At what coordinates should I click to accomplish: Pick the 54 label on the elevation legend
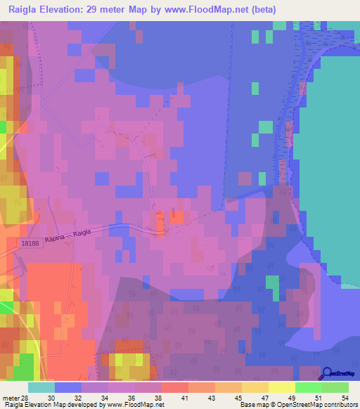pos(345,398)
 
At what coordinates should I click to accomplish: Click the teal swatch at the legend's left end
pos(41,387)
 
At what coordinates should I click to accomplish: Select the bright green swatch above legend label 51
pos(309,387)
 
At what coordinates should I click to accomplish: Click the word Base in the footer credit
pos(246,405)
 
